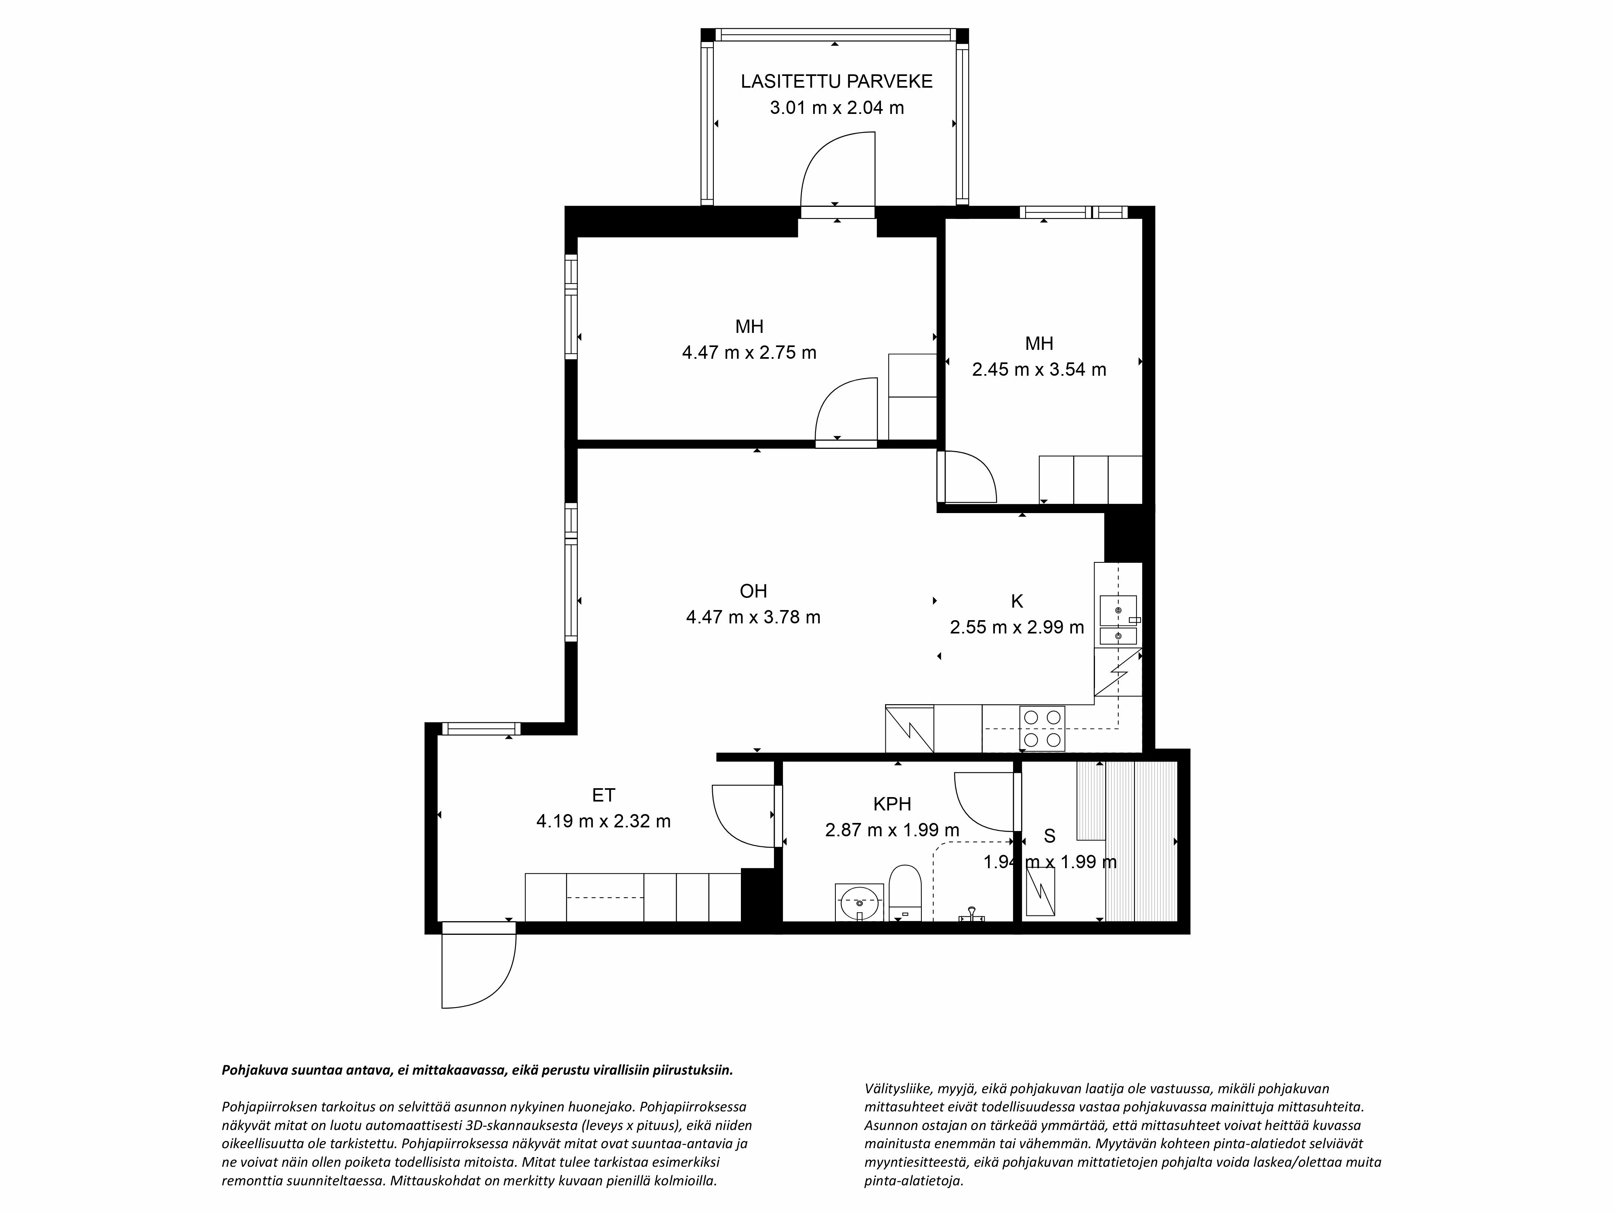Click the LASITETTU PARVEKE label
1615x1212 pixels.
(836, 81)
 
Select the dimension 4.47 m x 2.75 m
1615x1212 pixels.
(749, 353)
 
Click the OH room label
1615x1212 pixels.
(753, 590)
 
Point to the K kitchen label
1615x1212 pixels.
(1016, 601)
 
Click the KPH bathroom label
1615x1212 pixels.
(891, 804)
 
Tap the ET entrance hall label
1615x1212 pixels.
(603, 795)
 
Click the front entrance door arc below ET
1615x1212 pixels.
(478, 972)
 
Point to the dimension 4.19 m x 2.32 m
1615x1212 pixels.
(603, 821)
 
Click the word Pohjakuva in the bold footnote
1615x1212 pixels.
(253, 1070)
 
